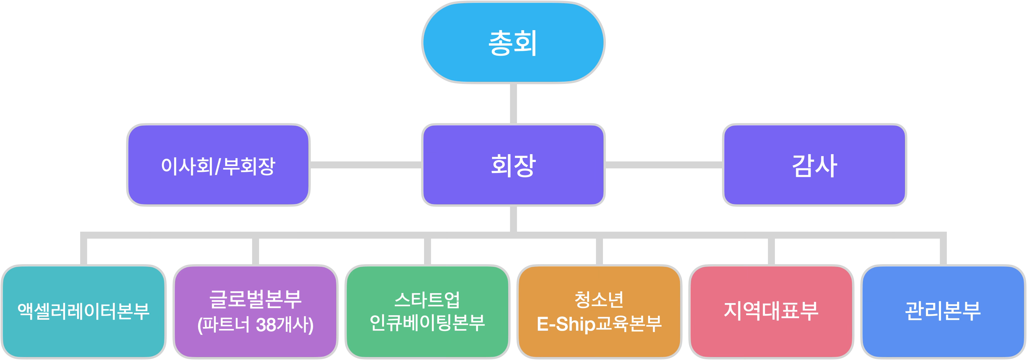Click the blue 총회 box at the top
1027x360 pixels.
tap(513, 43)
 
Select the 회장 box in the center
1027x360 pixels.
tap(513, 165)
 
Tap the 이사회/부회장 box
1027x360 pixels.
tap(218, 165)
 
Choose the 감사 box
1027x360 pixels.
tap(814, 165)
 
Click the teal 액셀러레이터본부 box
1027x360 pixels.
tap(83, 311)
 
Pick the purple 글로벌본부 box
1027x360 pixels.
tap(255, 311)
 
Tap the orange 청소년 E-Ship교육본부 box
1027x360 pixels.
tap(599, 311)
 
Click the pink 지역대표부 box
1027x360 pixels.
tap(771, 311)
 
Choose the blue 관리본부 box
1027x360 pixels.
tap(943, 311)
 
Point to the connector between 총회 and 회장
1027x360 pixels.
tap(513, 104)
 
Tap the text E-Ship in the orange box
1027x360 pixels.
tap(566, 324)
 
